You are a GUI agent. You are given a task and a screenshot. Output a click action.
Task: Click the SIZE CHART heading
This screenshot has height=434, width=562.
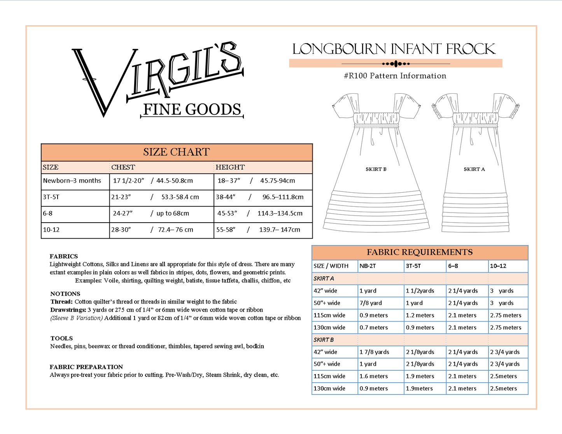pyautogui.click(x=176, y=152)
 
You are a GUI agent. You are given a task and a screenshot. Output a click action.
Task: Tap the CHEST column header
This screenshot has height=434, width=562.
pyautogui.click(x=123, y=167)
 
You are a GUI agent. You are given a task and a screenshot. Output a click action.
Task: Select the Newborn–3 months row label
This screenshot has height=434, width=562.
pyautogui.click(x=72, y=181)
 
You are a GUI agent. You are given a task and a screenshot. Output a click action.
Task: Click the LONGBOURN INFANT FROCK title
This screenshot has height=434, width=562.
pyautogui.click(x=394, y=49)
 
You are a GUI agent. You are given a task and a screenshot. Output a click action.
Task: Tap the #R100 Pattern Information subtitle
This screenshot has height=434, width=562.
pyautogui.click(x=395, y=76)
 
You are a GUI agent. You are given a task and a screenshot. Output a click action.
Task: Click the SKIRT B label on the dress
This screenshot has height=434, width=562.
pyautogui.click(x=376, y=169)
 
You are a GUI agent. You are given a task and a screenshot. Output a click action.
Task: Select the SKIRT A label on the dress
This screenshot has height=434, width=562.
pyautogui.click(x=474, y=169)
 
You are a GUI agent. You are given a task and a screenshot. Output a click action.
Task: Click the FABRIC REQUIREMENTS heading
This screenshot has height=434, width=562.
pyautogui.click(x=420, y=252)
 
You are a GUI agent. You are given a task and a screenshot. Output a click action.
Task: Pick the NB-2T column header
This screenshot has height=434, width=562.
pyautogui.click(x=368, y=266)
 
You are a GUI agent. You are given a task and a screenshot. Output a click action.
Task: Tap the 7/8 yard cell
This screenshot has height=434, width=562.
pyautogui.click(x=371, y=303)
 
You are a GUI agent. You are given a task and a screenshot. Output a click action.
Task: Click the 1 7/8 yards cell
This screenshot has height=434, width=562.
pyautogui.click(x=374, y=352)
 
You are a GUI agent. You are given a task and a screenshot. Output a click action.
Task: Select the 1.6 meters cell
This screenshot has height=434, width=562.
pyautogui.click(x=373, y=376)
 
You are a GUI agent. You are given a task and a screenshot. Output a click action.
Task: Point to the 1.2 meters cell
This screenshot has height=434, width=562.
pyautogui.click(x=420, y=315)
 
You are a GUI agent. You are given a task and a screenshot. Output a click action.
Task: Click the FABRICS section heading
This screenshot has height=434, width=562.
pyautogui.click(x=64, y=256)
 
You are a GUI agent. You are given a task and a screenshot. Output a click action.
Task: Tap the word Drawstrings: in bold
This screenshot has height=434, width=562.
pyautogui.click(x=68, y=310)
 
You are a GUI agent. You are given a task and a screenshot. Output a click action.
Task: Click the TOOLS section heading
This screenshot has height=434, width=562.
pyautogui.click(x=61, y=338)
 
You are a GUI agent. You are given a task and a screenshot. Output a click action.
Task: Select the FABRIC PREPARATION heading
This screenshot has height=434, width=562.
pyautogui.click(x=86, y=367)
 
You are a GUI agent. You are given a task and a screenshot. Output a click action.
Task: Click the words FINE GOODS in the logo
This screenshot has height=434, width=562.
pyautogui.click(x=192, y=110)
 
